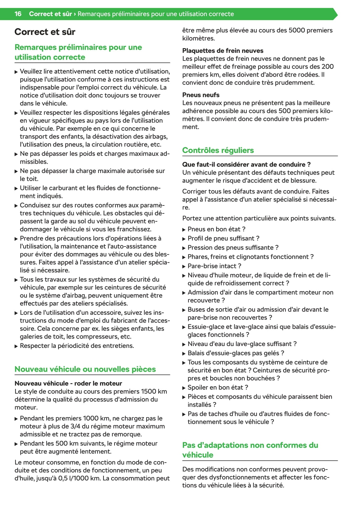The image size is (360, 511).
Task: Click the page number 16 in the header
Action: (x=18, y=14)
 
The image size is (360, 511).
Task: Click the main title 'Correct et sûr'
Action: (x=45, y=32)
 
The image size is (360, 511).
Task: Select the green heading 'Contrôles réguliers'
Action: (x=218, y=150)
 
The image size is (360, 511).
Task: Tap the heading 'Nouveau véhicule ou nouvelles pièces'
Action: (x=85, y=369)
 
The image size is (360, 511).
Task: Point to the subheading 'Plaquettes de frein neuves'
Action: (x=223, y=51)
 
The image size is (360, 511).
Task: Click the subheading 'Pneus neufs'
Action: (x=201, y=95)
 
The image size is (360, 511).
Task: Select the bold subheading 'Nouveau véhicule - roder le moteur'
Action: (x=68, y=383)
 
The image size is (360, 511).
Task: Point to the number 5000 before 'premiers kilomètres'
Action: (x=297, y=30)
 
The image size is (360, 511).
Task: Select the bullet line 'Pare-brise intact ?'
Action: (x=214, y=266)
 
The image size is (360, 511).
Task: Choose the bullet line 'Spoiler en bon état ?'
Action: (x=218, y=387)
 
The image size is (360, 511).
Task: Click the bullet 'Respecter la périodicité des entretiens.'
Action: (x=77, y=346)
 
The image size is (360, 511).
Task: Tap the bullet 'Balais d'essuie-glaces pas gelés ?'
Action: (x=236, y=353)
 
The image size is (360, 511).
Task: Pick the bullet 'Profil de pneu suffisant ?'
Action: (x=223, y=238)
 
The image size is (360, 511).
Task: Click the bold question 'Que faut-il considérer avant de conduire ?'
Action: (x=246, y=164)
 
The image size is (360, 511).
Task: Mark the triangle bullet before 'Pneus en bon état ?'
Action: (x=184, y=230)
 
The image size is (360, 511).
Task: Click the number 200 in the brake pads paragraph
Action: (x=327, y=66)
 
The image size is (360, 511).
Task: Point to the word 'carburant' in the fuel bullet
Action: (x=54, y=188)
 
